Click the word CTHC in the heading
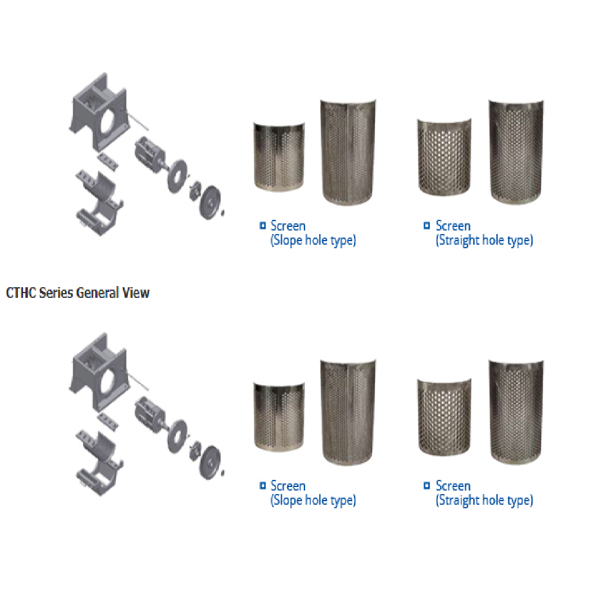[x=21, y=293]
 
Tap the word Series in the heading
[x=56, y=293]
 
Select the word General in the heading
[x=98, y=293]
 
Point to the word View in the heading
[x=136, y=293]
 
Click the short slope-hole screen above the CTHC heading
[x=280, y=156]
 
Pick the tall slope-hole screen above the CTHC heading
[x=348, y=152]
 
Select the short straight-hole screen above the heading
[x=444, y=157]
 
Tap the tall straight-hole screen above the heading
[x=516, y=152]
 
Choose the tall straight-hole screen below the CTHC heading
[x=516, y=412]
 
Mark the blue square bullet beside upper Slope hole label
[x=263, y=225]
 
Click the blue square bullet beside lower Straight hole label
[x=427, y=485]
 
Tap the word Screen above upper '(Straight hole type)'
[x=453, y=226]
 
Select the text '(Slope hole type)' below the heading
[x=313, y=501]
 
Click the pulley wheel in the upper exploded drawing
[x=210, y=202]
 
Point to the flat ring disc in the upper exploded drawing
[x=177, y=176]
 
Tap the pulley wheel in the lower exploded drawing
[x=210, y=462]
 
